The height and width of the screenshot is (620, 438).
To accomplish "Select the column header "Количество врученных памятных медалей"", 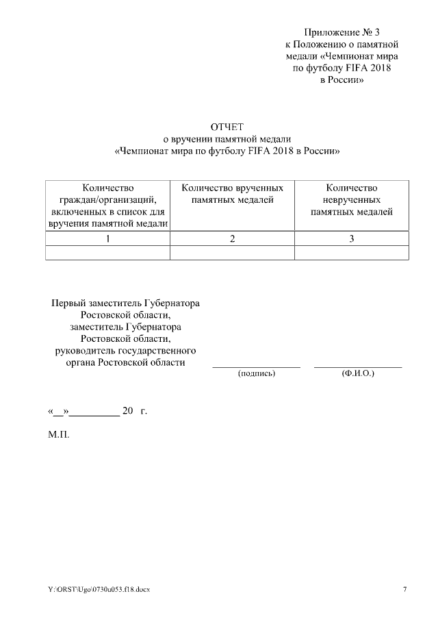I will (x=232, y=193).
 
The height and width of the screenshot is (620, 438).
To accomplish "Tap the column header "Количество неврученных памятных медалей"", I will (x=351, y=199).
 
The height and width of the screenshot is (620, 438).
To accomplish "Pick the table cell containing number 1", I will (x=107, y=238).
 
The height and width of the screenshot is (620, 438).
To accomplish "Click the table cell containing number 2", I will (x=232, y=238).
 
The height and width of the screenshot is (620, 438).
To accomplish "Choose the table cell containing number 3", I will (x=351, y=238).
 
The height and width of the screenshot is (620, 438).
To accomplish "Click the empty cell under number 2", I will (x=232, y=253).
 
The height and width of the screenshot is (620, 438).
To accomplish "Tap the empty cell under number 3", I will (x=351, y=253).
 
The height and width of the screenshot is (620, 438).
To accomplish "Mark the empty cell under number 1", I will (x=107, y=253).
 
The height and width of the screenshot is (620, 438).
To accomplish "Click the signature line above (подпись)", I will (x=256, y=367).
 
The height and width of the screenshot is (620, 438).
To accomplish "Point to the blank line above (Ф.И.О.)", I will (x=357, y=367).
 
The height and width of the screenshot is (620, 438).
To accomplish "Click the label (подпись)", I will (x=256, y=375).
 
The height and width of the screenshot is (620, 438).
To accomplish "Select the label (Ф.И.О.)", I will (x=357, y=375).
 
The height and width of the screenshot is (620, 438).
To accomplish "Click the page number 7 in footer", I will (x=405, y=589).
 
